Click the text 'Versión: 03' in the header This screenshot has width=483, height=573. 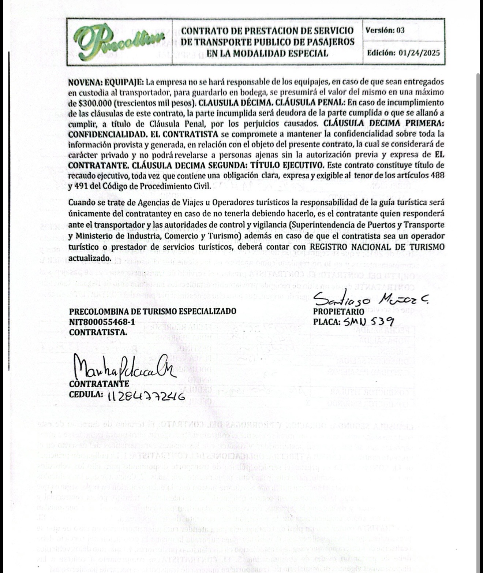(x=385, y=30)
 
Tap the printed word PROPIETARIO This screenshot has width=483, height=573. (x=338, y=312)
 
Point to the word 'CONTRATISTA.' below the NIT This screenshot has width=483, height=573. (x=98, y=332)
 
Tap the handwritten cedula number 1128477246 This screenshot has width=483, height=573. (x=146, y=397)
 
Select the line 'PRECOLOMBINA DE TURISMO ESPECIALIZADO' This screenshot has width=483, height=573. (x=153, y=312)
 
